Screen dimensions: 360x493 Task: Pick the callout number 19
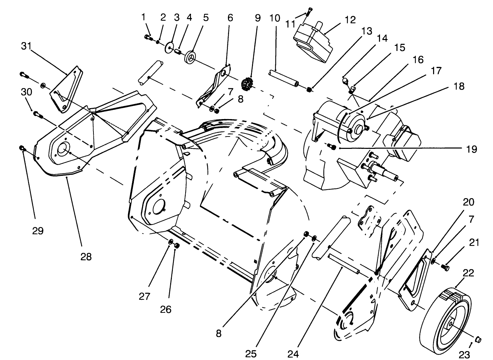pyautogui.click(x=471, y=149)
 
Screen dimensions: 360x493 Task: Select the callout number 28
pyautogui.click(x=86, y=256)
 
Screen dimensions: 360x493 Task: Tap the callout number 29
pyautogui.click(x=38, y=231)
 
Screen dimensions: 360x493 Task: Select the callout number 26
pyautogui.click(x=166, y=309)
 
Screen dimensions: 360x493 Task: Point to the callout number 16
pyautogui.click(x=418, y=60)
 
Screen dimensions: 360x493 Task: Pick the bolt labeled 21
pyautogui.click(x=446, y=267)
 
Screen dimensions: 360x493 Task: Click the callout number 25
pyautogui.click(x=251, y=353)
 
